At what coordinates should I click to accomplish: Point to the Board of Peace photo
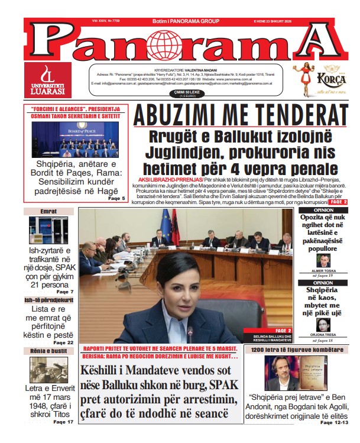coord(74,140)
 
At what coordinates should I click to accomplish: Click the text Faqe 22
coord(63,342)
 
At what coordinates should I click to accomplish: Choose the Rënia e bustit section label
coord(48,351)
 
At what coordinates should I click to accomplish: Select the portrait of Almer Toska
coord(322,261)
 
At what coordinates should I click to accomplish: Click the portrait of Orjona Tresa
coord(323,325)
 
